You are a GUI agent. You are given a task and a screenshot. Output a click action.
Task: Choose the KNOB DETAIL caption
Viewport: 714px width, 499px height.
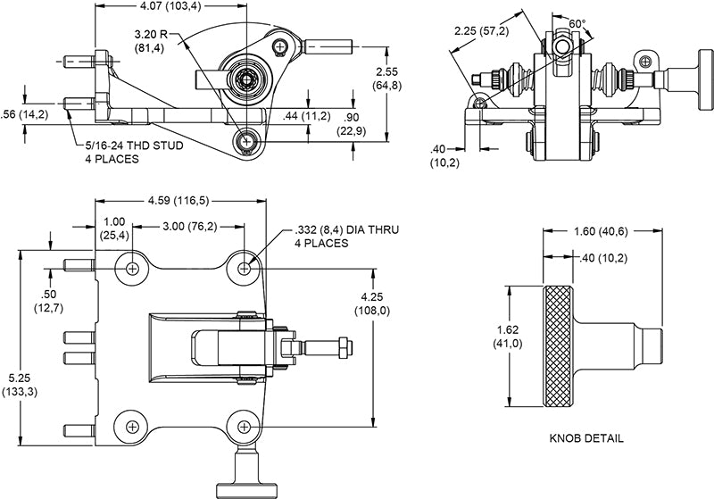coord(586,439)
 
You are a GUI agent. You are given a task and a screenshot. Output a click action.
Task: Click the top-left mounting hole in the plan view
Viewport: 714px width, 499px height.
coord(133,268)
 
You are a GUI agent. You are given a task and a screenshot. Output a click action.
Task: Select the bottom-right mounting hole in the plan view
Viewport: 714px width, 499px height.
coord(245,425)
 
